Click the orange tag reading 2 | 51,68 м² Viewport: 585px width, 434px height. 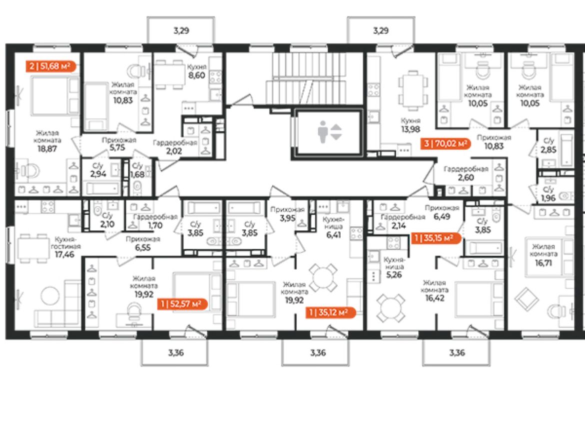[51, 66]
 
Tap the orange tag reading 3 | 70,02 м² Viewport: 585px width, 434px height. [446, 143]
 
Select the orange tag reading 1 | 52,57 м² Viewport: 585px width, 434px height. [182, 304]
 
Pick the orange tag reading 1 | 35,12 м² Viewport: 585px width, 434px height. [330, 312]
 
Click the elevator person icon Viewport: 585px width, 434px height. [322, 132]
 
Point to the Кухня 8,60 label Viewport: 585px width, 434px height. [197, 71]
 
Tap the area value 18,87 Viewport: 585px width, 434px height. [47, 148]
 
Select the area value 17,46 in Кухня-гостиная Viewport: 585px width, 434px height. [64, 255]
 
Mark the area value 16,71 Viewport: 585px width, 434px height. [543, 263]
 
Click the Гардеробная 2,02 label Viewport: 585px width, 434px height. [174, 147]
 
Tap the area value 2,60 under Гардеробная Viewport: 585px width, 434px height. [466, 177]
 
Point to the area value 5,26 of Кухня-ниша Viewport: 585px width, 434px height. [394, 275]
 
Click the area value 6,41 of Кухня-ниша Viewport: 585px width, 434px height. [334, 235]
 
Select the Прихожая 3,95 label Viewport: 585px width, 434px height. [288, 214]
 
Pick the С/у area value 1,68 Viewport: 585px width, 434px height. [137, 174]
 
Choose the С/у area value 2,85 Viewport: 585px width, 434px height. [549, 149]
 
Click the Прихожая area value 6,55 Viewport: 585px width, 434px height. [143, 247]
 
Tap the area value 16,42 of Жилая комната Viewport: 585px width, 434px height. [435, 298]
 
